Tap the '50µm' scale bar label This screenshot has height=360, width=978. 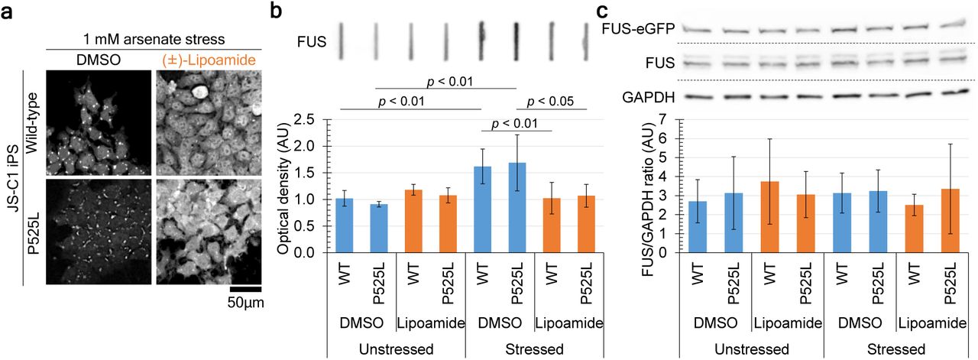pyautogui.click(x=244, y=303)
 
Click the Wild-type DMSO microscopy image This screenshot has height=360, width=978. pyautogui.click(x=97, y=122)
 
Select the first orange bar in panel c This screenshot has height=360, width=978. pyautogui.click(x=767, y=216)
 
